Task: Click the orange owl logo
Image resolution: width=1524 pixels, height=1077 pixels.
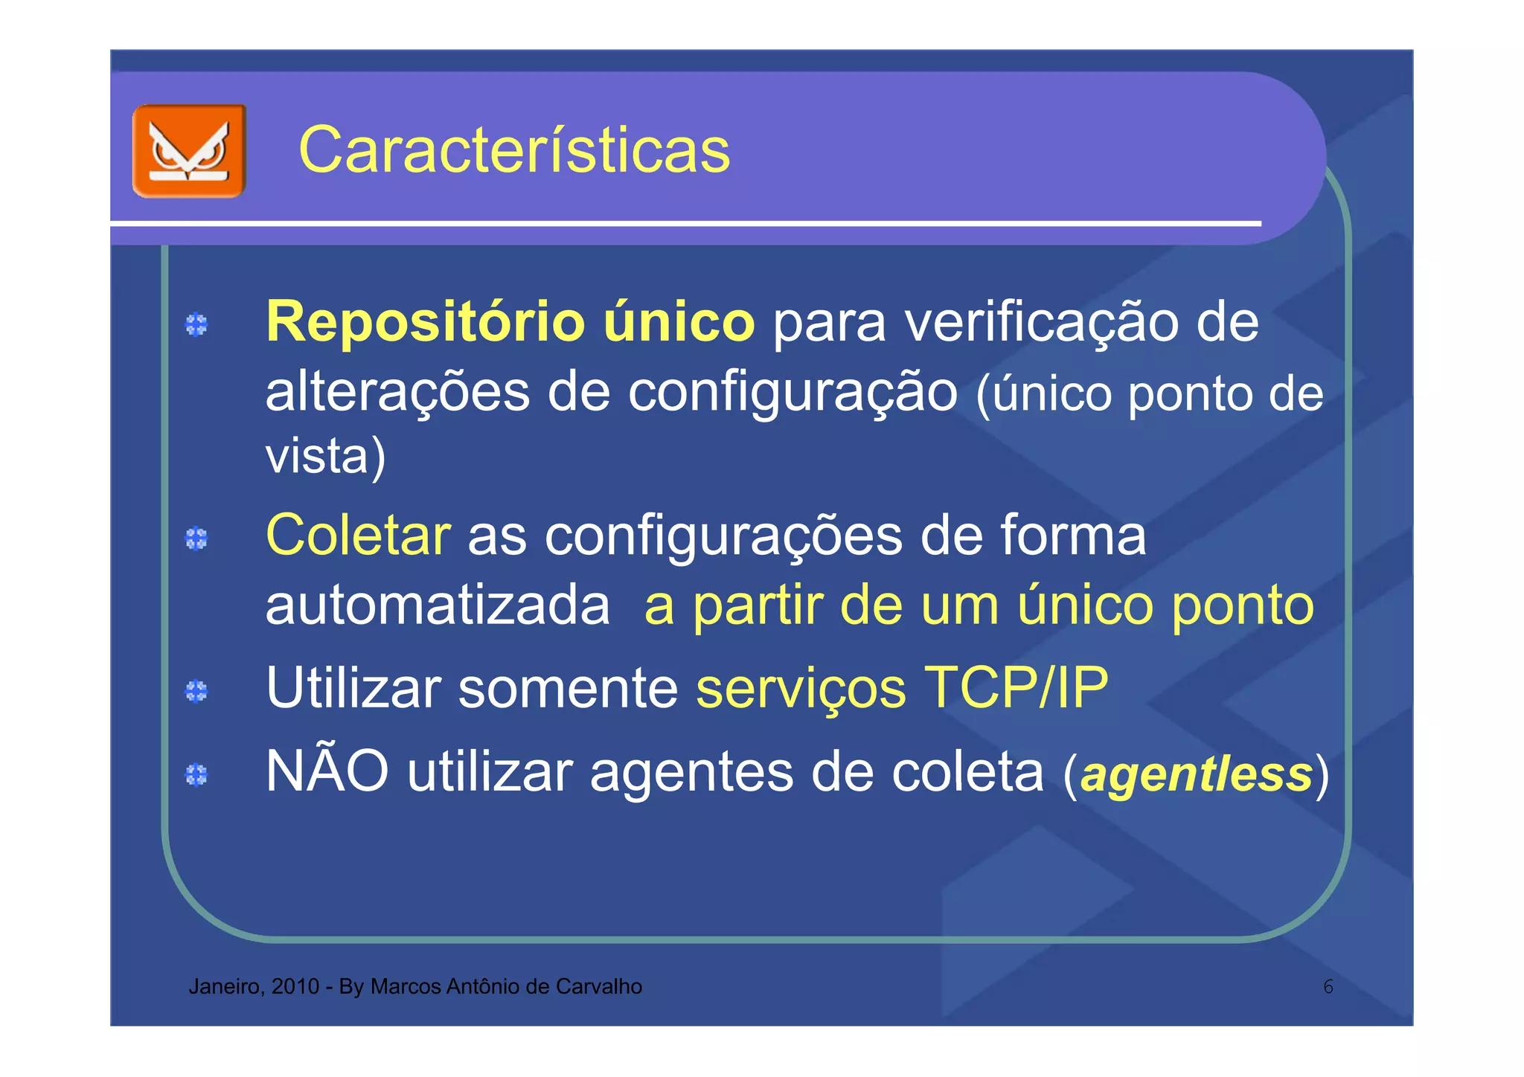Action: click(x=189, y=151)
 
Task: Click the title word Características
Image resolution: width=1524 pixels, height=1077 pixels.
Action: click(x=514, y=150)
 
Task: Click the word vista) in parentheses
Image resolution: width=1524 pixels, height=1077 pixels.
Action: click(x=325, y=455)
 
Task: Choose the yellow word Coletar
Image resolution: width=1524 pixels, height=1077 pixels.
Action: click(x=358, y=535)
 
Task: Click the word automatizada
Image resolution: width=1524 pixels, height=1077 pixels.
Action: click(x=438, y=605)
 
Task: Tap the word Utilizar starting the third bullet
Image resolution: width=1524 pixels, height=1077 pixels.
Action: click(x=353, y=688)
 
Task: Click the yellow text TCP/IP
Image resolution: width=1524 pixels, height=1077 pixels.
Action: click(x=1015, y=688)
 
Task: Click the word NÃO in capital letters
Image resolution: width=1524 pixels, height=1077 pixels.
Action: click(x=327, y=771)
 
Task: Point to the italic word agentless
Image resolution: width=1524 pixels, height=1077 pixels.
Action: click(x=1196, y=774)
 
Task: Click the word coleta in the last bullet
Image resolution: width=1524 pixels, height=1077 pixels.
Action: click(x=967, y=772)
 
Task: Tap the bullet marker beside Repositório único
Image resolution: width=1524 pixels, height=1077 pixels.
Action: click(x=196, y=325)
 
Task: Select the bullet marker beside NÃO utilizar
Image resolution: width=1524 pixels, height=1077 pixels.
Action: click(x=196, y=774)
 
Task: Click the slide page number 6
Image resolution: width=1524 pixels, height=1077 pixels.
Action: click(x=1328, y=987)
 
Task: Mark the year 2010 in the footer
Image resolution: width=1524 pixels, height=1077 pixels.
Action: click(x=295, y=986)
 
